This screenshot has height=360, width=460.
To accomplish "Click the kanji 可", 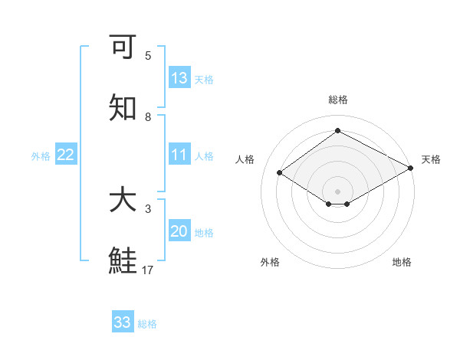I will tap(123, 47).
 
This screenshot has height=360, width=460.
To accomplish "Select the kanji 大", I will tap(123, 201).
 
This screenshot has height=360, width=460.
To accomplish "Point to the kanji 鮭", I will tap(123, 261).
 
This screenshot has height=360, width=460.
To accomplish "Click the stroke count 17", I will tap(148, 270).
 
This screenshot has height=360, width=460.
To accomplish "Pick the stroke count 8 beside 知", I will tap(148, 116).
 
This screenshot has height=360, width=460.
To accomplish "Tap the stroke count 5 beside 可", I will tap(148, 56).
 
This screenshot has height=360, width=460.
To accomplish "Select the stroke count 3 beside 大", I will tap(148, 208).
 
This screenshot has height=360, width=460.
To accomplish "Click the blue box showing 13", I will tap(179, 78).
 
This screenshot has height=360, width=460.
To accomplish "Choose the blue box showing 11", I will tap(179, 155).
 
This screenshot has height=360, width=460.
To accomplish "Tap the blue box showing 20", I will tap(179, 231).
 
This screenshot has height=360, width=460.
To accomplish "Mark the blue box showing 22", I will tap(66, 155).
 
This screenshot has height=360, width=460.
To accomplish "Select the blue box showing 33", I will tap(123, 322).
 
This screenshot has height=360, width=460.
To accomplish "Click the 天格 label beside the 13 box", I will tap(204, 80).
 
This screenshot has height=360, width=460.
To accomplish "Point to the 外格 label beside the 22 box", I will tap(41, 156).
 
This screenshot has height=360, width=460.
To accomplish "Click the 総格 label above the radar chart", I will tap(338, 100).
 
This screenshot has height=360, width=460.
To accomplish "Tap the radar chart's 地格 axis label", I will tap(402, 262).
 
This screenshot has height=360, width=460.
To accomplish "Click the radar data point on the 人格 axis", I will tap(280, 172).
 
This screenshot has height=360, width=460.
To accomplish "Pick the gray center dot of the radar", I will tap(338, 191).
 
